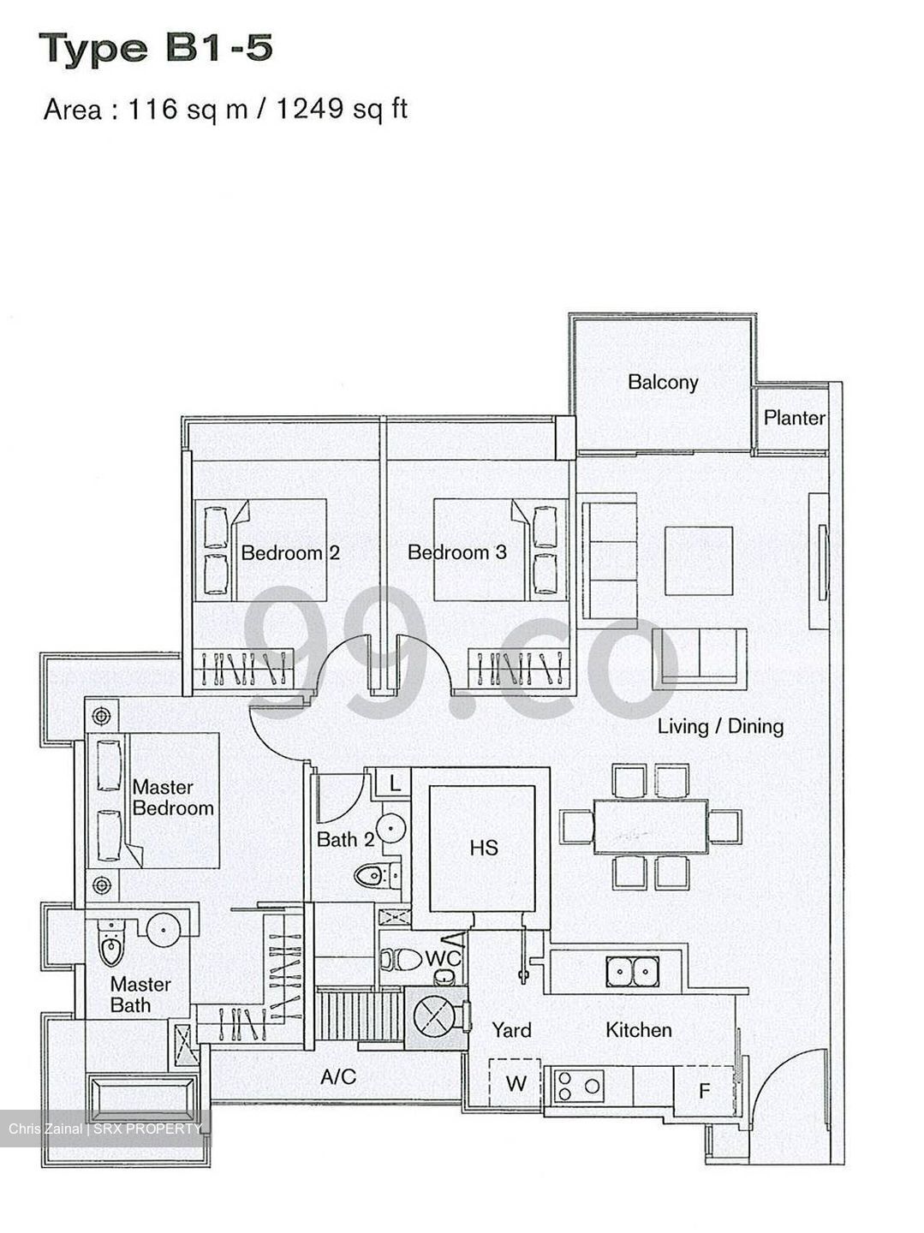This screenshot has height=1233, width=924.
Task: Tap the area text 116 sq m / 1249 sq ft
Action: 225,110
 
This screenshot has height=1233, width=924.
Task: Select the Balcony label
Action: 662,382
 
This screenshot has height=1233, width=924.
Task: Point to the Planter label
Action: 794,418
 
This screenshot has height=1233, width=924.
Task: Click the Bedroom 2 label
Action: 289,552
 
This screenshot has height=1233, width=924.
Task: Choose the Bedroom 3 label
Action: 456,552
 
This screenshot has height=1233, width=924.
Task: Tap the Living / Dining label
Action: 719,727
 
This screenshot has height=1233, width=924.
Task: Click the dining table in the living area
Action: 650,825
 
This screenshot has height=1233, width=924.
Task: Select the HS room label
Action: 484,848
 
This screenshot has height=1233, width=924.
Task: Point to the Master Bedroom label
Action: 172,797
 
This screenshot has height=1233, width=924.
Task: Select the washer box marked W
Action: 516,1084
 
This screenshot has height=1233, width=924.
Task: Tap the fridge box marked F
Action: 704,1091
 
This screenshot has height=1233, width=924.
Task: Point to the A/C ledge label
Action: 337,1077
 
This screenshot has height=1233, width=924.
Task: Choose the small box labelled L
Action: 394,783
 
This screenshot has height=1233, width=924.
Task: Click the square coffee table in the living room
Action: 698,562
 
